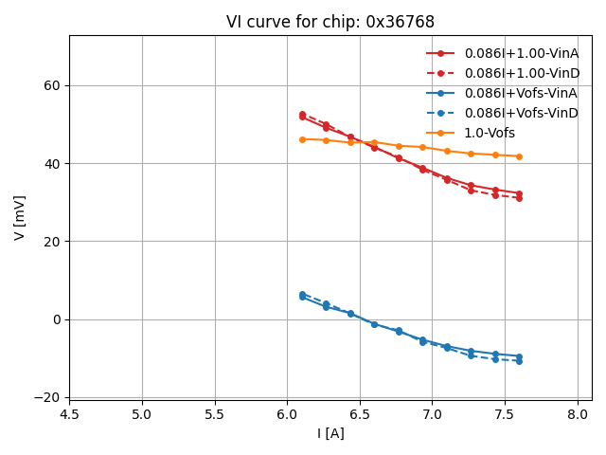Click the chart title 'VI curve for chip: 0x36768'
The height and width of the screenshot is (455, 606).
[x=330, y=22]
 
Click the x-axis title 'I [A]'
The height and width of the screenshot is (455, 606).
[x=330, y=433]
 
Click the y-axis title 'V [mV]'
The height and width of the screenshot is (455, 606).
[x=20, y=217]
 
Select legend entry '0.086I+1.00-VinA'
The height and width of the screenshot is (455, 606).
[x=521, y=53]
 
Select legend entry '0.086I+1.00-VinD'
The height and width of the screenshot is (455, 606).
[x=521, y=73]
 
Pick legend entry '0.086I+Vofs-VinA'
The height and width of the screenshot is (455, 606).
[x=521, y=93]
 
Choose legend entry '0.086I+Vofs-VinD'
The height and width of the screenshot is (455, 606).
[x=521, y=113]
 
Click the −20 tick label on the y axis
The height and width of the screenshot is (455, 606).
[x=46, y=397]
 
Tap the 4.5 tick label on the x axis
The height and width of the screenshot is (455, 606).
[x=69, y=414]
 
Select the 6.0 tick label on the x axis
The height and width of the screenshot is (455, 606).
[x=287, y=414]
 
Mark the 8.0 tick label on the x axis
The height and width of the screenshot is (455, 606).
[x=578, y=414]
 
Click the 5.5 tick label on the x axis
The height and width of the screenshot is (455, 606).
[x=214, y=414]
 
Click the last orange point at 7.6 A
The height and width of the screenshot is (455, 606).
[x=519, y=156]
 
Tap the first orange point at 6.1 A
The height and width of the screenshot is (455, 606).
[x=302, y=139]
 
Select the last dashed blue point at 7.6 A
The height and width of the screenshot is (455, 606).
[x=519, y=361]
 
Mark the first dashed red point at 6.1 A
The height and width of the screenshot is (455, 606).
[x=302, y=114]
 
